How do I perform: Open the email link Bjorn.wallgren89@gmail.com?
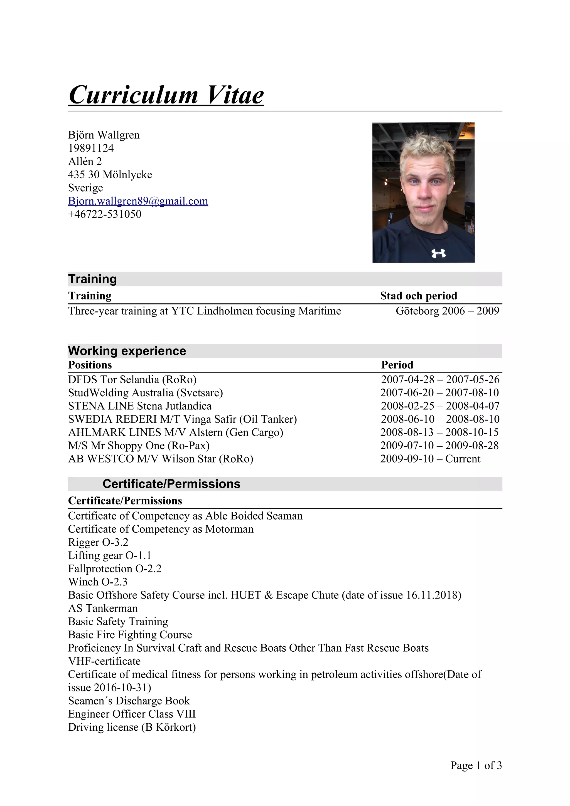(x=138, y=201)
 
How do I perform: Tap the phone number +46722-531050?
(x=105, y=214)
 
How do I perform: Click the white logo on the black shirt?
(x=439, y=253)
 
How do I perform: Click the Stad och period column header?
(x=419, y=296)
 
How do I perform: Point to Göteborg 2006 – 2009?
(x=447, y=311)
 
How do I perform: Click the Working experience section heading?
(x=127, y=351)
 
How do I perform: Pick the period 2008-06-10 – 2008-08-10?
(x=440, y=419)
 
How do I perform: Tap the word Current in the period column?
(x=463, y=459)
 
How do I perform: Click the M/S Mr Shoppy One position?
(x=139, y=446)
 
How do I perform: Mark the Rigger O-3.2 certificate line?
(x=98, y=542)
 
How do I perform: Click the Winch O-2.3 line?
(x=98, y=582)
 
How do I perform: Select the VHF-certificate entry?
(x=104, y=661)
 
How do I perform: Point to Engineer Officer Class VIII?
(x=132, y=714)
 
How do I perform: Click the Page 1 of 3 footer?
(x=476, y=765)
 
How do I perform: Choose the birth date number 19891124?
(x=91, y=148)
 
